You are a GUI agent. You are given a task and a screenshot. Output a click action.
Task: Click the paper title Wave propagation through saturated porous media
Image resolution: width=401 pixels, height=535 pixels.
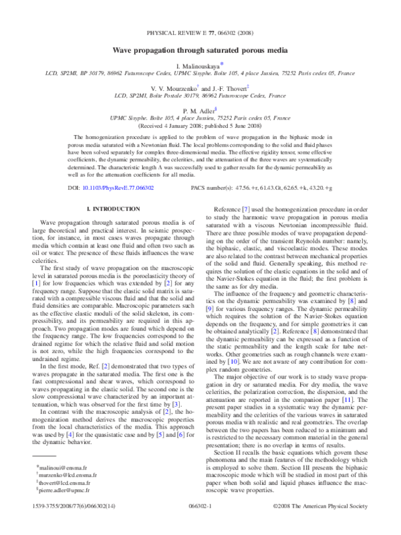200,49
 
